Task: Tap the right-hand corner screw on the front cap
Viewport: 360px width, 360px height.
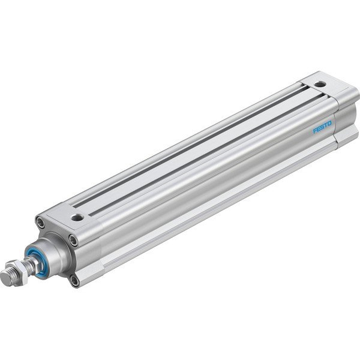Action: coord(74,242)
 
